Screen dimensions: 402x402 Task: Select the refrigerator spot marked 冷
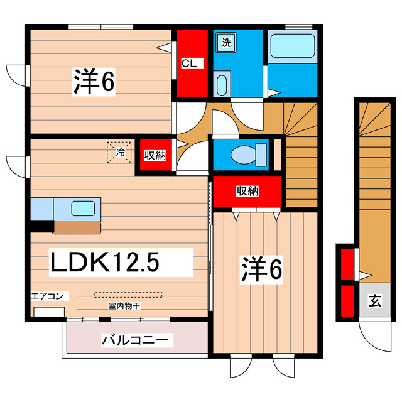pos(119,151)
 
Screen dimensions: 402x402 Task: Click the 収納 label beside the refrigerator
pos(154,155)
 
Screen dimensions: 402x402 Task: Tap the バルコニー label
pos(135,340)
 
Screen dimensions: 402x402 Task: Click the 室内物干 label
pos(123,306)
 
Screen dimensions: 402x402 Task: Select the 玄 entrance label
pos(374,301)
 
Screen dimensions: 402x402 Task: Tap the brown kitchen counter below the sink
pos(77,227)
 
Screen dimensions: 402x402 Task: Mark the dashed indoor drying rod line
pos(128,294)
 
